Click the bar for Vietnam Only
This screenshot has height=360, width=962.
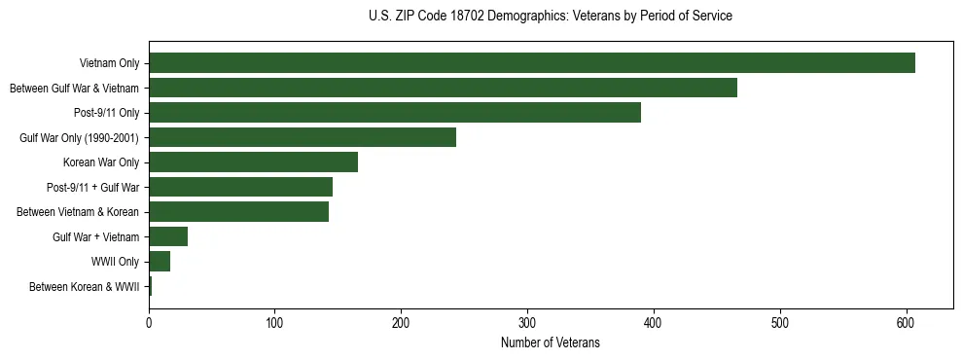click(x=532, y=63)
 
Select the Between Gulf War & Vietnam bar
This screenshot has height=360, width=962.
click(x=443, y=88)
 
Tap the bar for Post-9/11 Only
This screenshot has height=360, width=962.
click(x=395, y=113)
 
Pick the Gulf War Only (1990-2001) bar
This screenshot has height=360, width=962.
click(x=303, y=137)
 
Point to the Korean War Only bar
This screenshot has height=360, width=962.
click(x=253, y=162)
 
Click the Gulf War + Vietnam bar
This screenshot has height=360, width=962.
click(x=168, y=236)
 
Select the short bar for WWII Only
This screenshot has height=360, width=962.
click(x=160, y=262)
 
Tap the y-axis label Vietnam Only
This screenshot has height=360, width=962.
click(x=110, y=63)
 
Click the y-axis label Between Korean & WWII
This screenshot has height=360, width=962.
click(x=85, y=287)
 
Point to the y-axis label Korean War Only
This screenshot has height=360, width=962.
click(x=102, y=162)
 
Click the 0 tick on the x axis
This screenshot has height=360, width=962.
click(x=149, y=324)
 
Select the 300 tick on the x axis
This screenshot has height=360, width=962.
click(x=527, y=324)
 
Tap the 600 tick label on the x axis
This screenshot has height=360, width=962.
click(x=906, y=324)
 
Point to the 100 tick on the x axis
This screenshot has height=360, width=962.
click(x=275, y=324)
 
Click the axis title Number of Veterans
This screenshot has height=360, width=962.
click(x=551, y=342)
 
